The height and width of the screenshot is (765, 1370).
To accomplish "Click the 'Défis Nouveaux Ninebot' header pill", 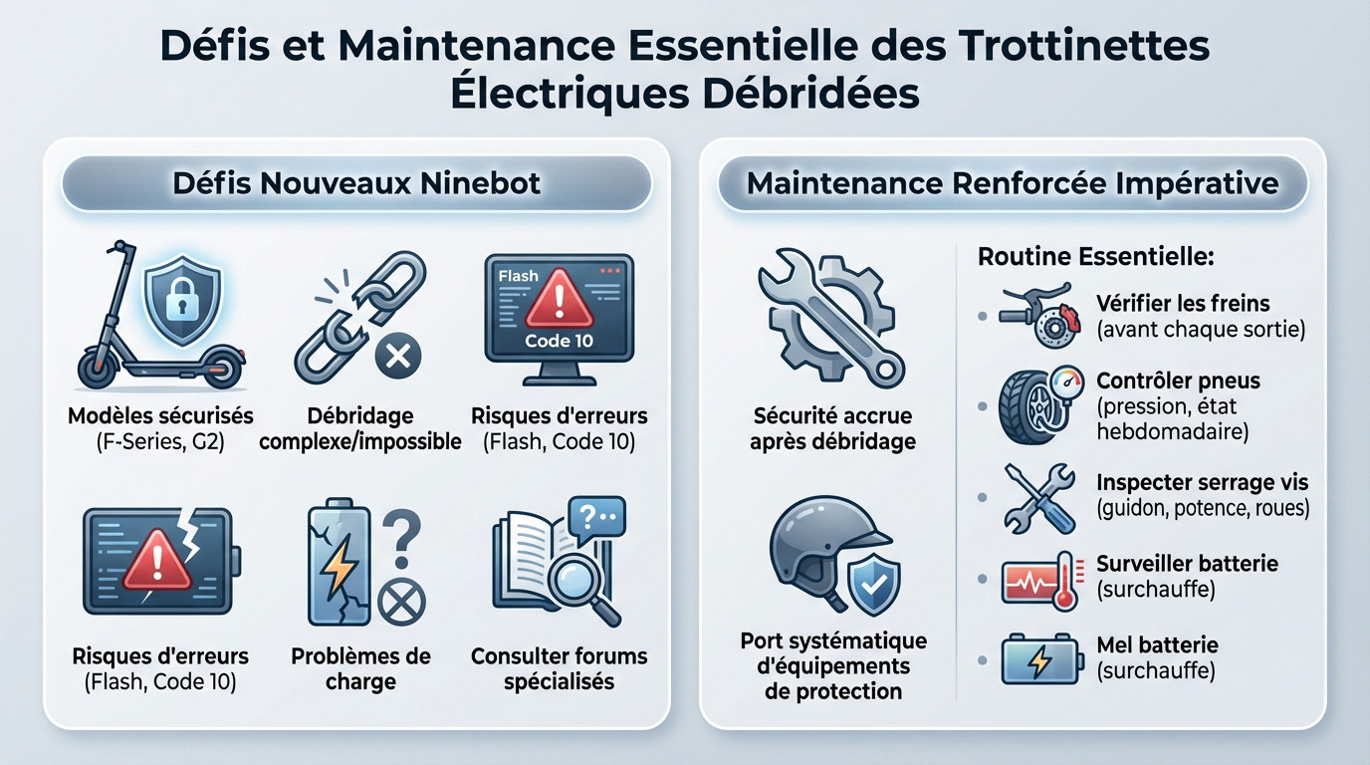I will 356,183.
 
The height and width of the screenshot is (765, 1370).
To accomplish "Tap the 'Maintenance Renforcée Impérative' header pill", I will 1013,183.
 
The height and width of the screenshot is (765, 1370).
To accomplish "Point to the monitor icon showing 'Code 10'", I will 559,318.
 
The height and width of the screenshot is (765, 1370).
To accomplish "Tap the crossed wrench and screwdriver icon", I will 1039,496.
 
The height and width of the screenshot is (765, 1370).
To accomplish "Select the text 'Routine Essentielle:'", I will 1095,256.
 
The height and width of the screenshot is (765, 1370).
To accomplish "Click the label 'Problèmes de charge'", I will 360,669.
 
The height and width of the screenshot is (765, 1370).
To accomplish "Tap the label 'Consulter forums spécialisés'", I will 559,669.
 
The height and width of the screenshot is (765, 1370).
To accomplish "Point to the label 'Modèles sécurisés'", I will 160,415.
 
